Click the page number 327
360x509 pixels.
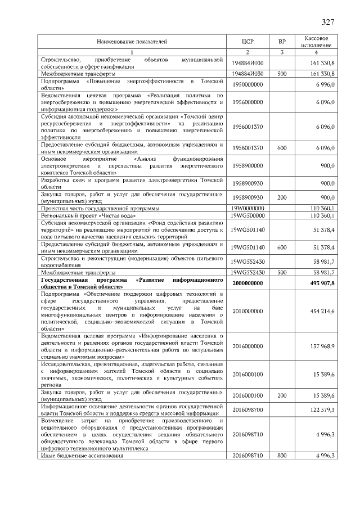(x=328, y=22)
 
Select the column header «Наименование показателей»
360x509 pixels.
(x=132, y=42)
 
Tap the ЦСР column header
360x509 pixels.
(x=248, y=42)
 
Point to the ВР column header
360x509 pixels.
(x=282, y=42)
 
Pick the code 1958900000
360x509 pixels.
(x=248, y=166)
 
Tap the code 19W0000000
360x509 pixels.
(x=248, y=208)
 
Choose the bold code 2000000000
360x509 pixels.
(x=248, y=283)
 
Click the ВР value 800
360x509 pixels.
(x=282, y=455)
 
